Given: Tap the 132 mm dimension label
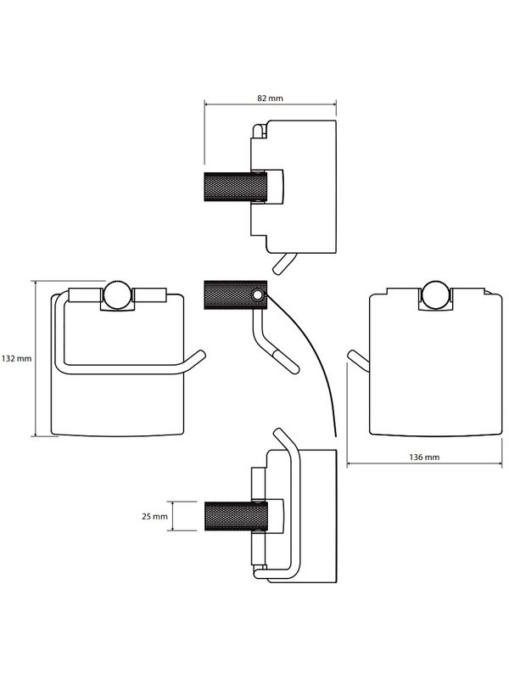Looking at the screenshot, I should pyautogui.click(x=16, y=358).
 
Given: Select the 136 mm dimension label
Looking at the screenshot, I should pyautogui.click(x=424, y=457).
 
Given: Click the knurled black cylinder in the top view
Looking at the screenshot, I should pyautogui.click(x=230, y=188).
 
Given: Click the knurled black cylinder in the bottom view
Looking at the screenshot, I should pyautogui.click(x=230, y=515).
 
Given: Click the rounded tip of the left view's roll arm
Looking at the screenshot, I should pyautogui.click(x=201, y=358).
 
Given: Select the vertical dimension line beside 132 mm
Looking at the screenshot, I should pyautogui.click(x=35, y=358).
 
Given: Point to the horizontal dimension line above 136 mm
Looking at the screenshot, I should pyautogui.click(x=424, y=464).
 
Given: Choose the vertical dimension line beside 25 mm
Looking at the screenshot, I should pyautogui.click(x=173, y=515).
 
